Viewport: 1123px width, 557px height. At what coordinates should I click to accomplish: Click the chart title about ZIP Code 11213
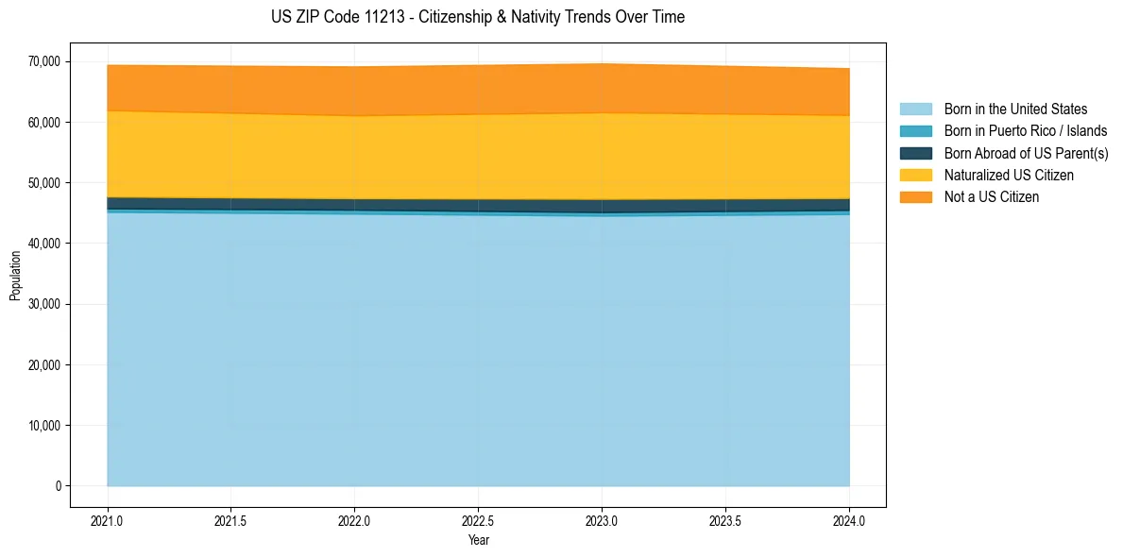coord(477,17)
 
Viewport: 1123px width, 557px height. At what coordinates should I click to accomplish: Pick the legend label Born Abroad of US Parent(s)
coord(1026,153)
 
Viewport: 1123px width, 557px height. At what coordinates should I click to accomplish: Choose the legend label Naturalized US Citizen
coord(1009,176)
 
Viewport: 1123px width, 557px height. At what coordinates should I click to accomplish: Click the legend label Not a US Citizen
coord(991,197)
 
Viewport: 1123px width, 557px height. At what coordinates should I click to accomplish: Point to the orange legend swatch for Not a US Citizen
coord(915,197)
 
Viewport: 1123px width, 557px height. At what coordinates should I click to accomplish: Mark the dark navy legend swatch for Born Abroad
coord(915,153)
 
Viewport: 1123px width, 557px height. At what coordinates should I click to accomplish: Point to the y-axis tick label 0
coord(58,486)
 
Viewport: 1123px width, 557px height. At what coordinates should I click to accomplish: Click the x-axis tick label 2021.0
coord(108,520)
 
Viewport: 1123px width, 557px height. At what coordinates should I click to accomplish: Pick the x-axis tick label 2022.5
coord(478,520)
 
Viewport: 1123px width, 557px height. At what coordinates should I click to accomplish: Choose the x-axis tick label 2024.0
coord(849,520)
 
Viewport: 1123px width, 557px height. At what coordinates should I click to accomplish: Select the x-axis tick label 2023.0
coord(602,520)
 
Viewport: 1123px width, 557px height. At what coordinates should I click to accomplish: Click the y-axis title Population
coord(15,276)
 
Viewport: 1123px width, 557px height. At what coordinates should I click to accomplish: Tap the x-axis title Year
coord(478,540)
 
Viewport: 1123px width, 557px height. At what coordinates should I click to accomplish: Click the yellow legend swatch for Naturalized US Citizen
coord(915,176)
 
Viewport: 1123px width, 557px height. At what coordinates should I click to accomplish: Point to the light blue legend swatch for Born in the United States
coord(915,110)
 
